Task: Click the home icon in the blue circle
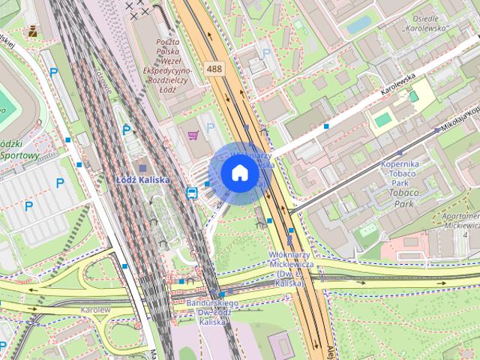click(239, 173)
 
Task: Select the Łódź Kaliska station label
click(143, 180)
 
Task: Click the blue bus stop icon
click(192, 193)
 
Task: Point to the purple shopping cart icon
click(193, 136)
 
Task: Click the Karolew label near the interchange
click(97, 309)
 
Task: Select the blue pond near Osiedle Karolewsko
click(358, 24)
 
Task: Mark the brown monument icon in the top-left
click(33, 31)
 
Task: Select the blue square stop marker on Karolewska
click(326, 127)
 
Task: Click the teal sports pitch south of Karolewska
click(382, 118)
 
